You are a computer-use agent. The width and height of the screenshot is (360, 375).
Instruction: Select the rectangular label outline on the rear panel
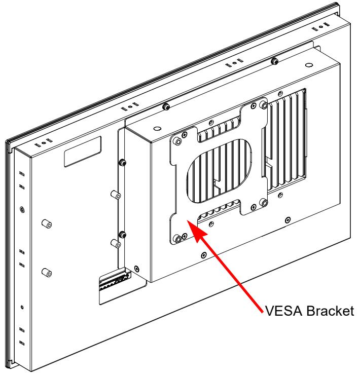83,151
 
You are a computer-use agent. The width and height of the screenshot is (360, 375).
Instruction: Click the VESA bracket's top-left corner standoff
178,141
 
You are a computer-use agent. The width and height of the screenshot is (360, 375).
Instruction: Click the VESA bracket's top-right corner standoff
264,105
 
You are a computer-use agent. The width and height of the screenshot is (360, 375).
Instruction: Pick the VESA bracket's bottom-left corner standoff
178,239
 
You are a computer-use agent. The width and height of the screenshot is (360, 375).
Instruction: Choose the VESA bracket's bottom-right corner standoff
264,203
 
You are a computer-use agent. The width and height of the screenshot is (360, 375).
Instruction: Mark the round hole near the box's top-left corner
157,129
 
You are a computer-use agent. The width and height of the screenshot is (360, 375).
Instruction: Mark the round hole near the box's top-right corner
309,65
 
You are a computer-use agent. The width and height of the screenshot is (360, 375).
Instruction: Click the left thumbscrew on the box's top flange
166,106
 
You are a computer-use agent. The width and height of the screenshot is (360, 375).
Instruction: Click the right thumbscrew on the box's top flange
274,61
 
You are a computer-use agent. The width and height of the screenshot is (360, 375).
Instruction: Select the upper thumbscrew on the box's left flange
122,162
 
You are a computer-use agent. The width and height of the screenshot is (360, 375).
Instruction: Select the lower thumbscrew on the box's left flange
123,234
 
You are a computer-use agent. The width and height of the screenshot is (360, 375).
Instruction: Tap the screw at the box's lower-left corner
137,269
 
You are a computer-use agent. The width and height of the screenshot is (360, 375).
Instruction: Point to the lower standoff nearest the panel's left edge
47,273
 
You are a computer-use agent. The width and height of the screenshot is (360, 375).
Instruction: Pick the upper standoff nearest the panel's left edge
47,224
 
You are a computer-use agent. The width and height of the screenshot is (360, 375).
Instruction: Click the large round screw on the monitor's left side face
22,210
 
